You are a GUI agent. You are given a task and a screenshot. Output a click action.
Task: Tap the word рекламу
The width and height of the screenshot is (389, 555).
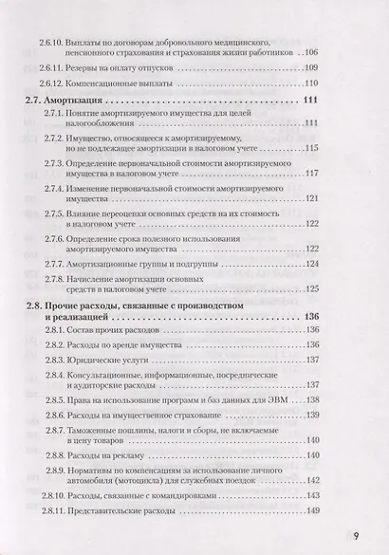132,455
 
